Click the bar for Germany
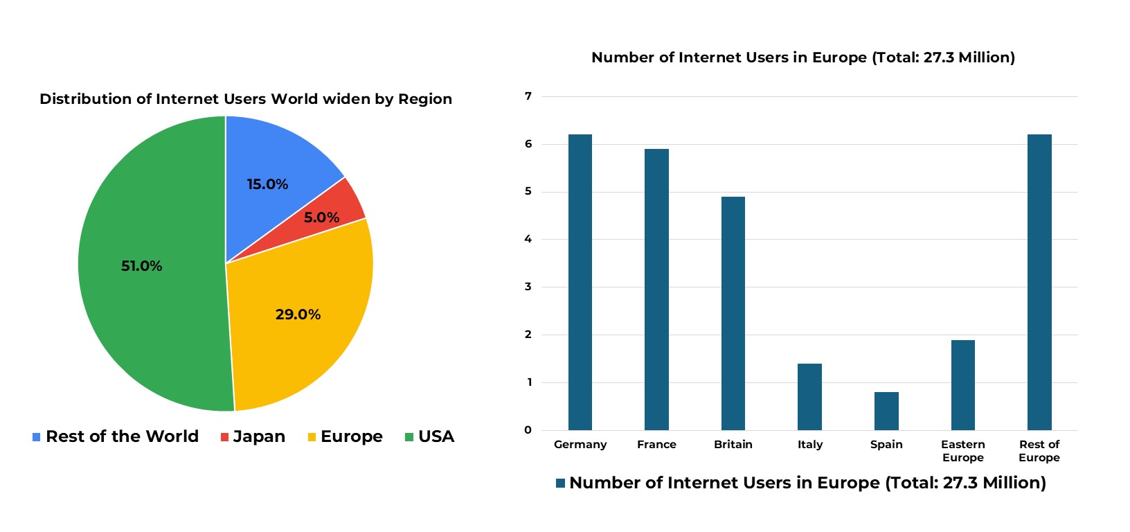(580, 283)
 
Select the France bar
(656, 290)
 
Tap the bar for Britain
(733, 313)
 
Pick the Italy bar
(809, 397)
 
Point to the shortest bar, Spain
(886, 411)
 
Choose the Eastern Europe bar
(962, 385)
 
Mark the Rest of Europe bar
(1039, 283)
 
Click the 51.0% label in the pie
(142, 266)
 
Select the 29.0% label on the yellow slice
(298, 314)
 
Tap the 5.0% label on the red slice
(321, 218)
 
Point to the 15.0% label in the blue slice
(267, 184)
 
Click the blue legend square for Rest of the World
(37, 437)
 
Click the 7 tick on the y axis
(528, 96)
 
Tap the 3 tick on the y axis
(528, 287)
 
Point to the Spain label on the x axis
(886, 444)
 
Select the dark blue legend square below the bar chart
(561, 483)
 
